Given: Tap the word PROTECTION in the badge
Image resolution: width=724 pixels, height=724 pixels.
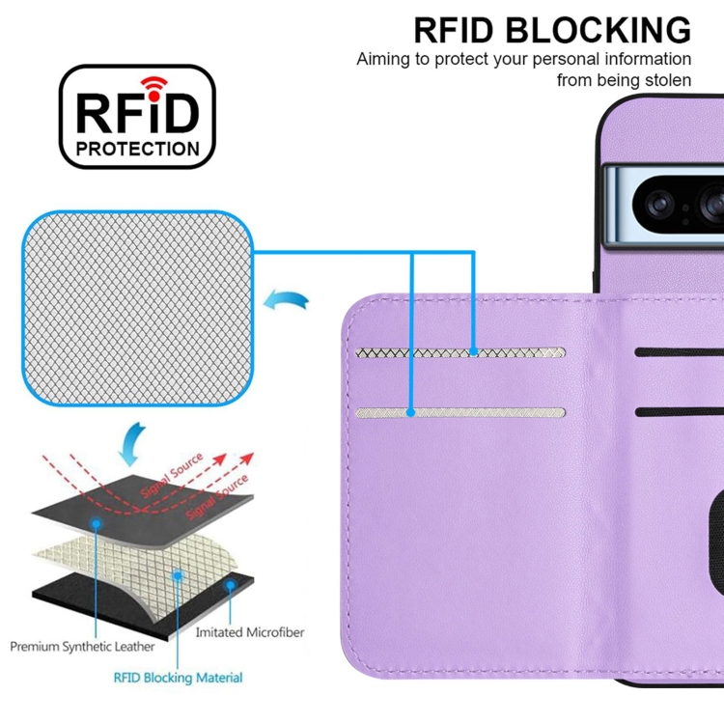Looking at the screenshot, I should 138,149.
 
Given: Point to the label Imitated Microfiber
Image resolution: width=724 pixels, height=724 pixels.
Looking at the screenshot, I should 249,632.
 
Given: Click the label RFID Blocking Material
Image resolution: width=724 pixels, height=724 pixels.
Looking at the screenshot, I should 179,678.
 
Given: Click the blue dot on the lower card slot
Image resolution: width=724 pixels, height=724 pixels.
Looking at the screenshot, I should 410,413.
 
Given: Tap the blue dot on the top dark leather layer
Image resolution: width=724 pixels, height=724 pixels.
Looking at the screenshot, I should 97,522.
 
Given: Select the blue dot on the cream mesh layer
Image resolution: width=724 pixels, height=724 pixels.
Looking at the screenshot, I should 179,573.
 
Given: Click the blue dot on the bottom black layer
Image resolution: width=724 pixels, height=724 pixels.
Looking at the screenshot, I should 230,585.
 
